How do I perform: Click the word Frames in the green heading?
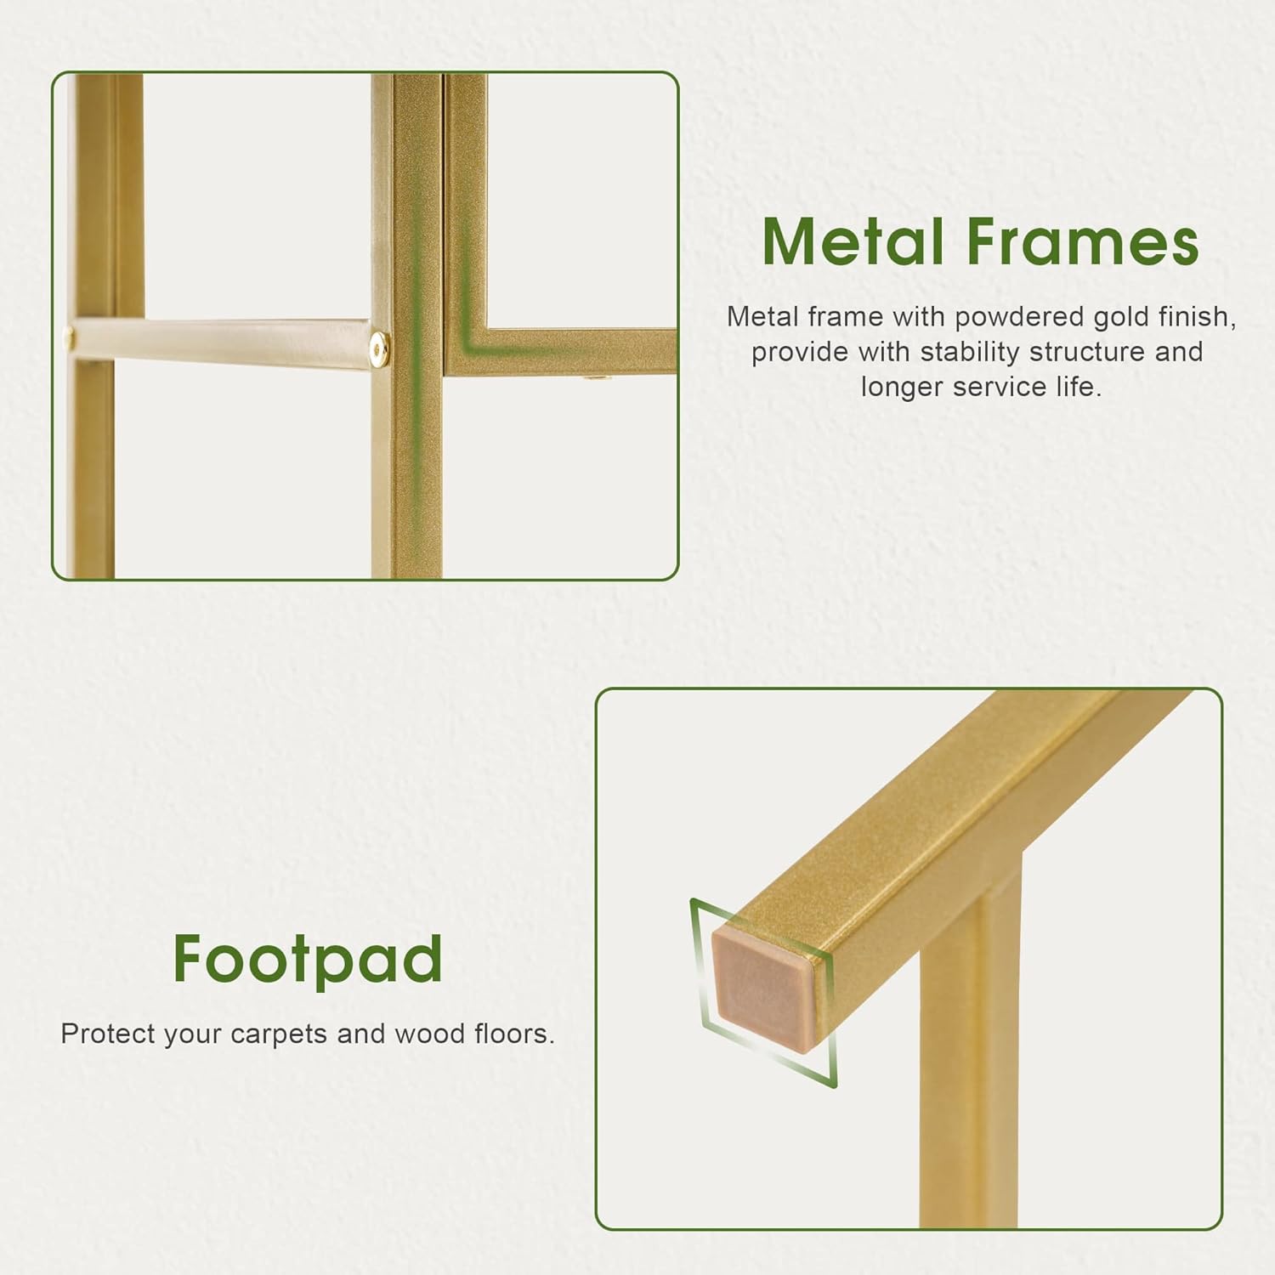click(1082, 241)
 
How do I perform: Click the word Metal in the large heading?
click(853, 241)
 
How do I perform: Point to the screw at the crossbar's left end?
click(69, 339)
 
